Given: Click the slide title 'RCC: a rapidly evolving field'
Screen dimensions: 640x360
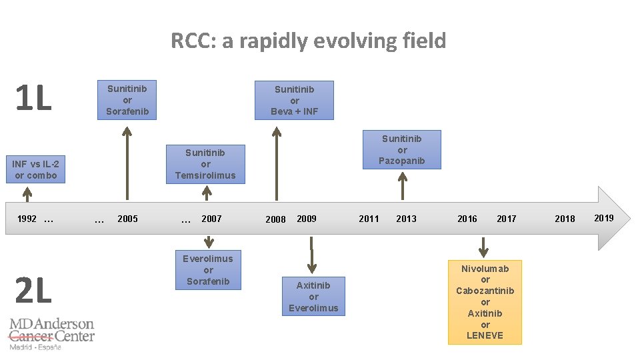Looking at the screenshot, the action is click(308, 41).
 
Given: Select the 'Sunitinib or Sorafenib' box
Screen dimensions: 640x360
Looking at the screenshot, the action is click(127, 100).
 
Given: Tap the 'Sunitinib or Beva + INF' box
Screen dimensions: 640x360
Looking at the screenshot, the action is click(294, 100).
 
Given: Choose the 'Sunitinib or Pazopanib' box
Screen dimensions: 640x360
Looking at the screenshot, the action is click(401, 149).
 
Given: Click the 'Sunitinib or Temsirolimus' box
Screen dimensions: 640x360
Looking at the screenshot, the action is click(205, 164).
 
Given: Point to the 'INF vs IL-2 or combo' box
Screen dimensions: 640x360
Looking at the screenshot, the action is click(35, 170).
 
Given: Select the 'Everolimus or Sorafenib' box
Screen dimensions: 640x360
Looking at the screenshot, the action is click(208, 270).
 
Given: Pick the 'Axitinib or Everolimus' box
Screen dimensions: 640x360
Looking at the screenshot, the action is click(313, 296).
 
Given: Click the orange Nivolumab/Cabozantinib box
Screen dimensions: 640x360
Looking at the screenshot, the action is click(485, 302).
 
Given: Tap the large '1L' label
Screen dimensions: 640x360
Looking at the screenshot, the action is click(33, 99).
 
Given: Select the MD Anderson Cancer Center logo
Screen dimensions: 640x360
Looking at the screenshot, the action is click(51, 333).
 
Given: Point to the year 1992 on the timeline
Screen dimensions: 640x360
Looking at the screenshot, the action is click(27, 219).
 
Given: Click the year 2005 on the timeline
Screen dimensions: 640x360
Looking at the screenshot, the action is click(127, 219).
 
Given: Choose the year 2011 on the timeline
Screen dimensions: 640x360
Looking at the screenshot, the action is click(369, 219).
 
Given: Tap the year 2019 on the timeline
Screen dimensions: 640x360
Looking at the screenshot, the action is click(603, 218).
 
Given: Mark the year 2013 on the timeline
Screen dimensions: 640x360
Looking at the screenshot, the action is click(406, 219).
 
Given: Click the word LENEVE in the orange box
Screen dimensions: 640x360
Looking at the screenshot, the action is click(485, 335).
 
